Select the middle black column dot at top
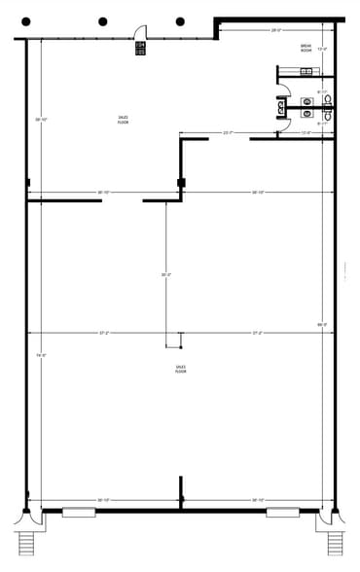102,21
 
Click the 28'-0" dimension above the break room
277,30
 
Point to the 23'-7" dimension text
228,132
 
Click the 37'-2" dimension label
103,333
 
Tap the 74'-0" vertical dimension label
41,355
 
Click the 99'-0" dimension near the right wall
321,324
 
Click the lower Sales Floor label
180,369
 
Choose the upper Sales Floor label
123,120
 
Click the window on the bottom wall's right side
281,512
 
